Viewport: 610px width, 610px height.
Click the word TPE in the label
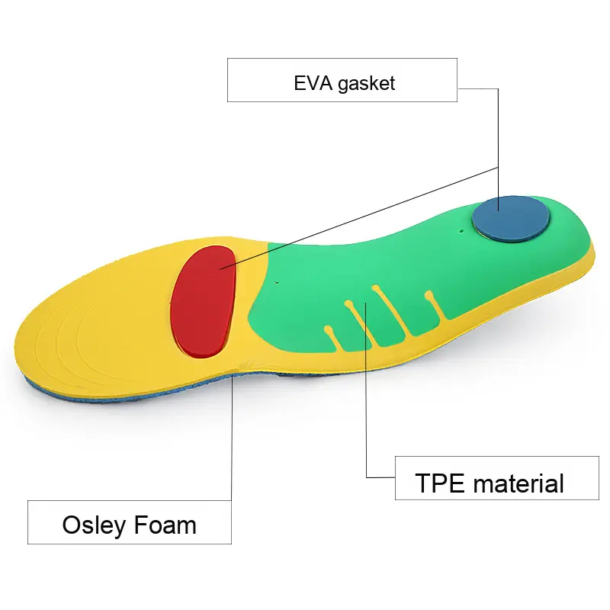440,483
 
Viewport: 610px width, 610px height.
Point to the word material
519,483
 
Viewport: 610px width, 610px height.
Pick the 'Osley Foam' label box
130,522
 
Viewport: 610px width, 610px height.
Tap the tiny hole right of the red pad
276,283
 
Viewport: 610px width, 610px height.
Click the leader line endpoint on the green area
368,305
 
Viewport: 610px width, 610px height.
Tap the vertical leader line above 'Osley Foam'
232,442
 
